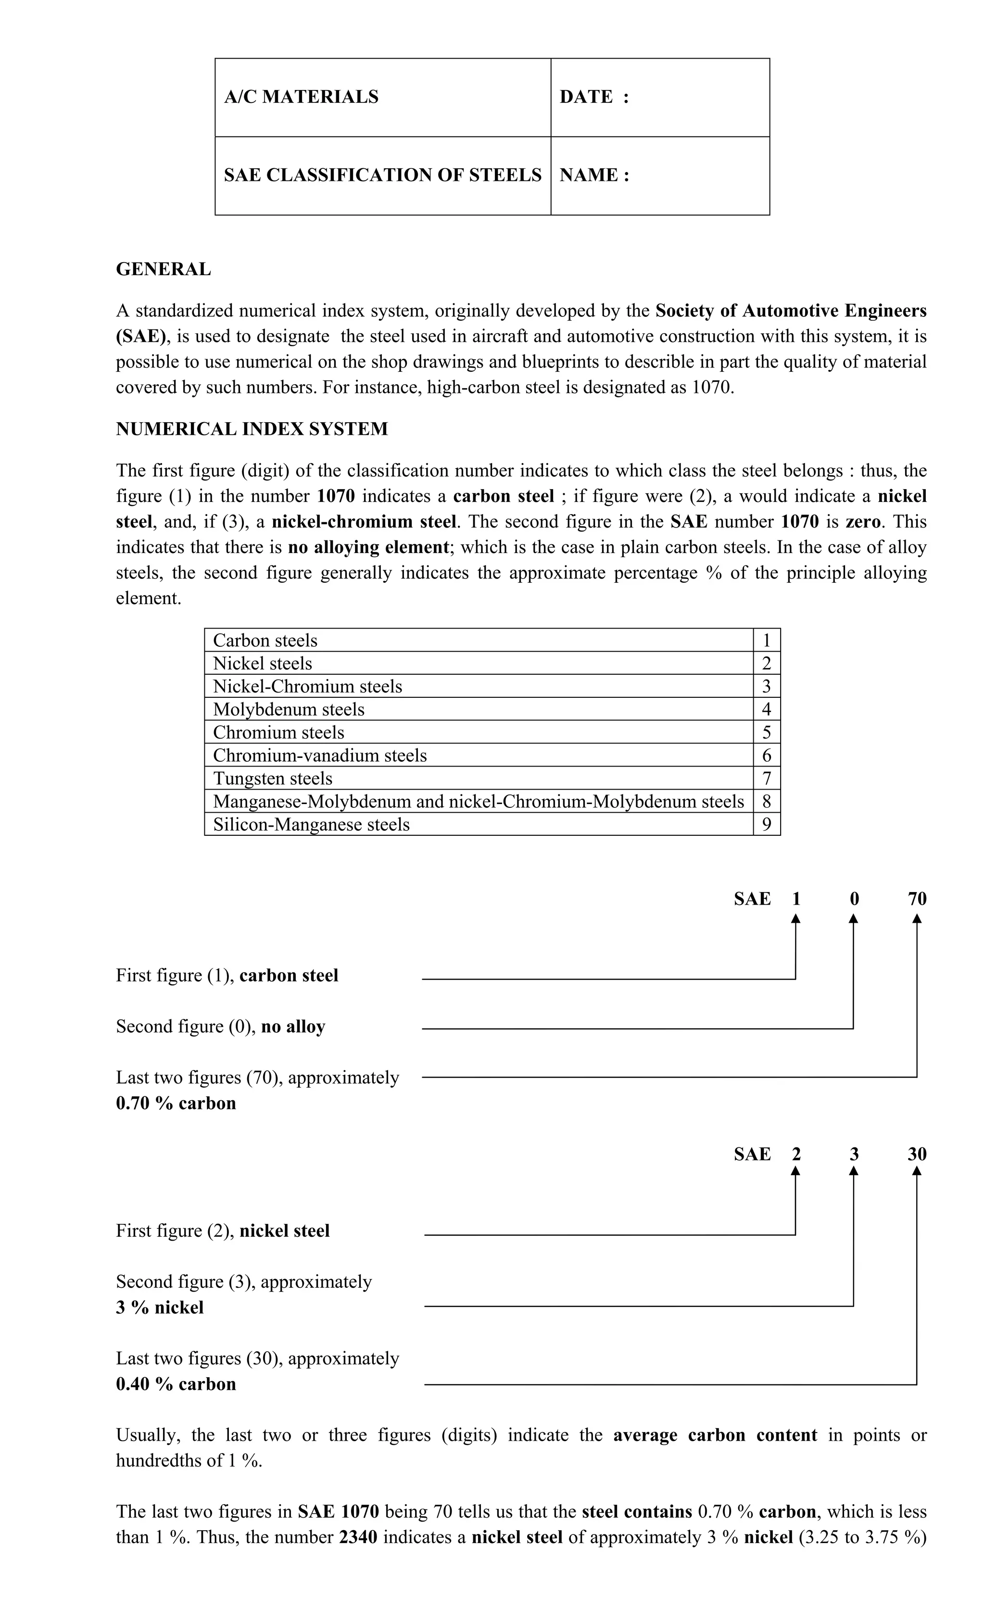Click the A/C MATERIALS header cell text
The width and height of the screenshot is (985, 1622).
click(x=301, y=97)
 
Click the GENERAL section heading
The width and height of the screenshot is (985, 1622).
click(x=164, y=269)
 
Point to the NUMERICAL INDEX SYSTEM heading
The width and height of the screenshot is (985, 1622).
click(x=252, y=429)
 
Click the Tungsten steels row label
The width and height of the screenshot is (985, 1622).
click(x=273, y=778)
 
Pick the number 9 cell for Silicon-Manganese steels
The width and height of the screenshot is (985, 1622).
click(x=766, y=824)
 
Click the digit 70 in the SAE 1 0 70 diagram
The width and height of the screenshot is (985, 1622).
click(x=917, y=899)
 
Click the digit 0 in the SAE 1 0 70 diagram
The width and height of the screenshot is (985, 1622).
click(x=854, y=899)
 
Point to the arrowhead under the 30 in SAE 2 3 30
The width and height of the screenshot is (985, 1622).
click(x=917, y=1172)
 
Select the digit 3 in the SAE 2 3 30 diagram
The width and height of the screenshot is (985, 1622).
click(x=854, y=1154)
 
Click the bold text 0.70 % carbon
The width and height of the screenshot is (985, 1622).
click(x=176, y=1103)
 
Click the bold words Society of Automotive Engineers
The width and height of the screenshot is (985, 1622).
click(x=790, y=311)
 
